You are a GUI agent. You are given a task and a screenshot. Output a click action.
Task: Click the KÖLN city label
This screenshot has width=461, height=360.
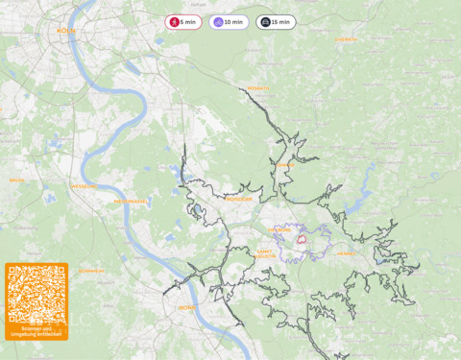(66, 31)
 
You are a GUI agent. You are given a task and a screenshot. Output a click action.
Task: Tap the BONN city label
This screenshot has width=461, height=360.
(187, 308)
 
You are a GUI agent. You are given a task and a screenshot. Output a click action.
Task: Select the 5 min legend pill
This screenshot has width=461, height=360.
(182, 22)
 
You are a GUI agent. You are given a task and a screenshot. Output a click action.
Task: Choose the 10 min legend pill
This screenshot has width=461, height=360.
(229, 22)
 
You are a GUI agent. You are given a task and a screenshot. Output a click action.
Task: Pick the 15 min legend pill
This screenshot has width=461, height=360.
(276, 22)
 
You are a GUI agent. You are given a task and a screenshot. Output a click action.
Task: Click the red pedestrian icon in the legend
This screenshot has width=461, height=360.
(174, 22)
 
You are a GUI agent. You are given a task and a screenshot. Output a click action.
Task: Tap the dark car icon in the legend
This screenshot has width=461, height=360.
(264, 22)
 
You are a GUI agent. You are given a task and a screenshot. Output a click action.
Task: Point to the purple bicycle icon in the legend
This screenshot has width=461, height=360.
(218, 22)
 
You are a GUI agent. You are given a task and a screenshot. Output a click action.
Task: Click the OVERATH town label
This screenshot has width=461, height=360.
(346, 39)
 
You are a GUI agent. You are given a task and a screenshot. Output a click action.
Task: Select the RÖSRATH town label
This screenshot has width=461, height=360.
(258, 88)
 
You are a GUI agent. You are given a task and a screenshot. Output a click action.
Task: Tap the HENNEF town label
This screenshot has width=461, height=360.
(346, 253)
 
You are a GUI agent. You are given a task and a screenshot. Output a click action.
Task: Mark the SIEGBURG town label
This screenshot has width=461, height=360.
(281, 230)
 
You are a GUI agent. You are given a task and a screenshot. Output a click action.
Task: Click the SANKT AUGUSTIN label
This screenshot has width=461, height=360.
(266, 253)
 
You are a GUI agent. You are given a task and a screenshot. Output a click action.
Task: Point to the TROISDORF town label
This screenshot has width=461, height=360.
(237, 199)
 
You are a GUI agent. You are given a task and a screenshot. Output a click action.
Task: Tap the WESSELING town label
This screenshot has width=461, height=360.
(83, 186)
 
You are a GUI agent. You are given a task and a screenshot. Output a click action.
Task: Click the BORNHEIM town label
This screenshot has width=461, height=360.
(91, 271)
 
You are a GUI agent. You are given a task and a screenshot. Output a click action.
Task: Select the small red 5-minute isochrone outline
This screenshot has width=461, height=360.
(301, 238)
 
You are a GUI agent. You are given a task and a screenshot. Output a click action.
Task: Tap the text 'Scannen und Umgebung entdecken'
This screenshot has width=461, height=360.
(36, 332)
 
